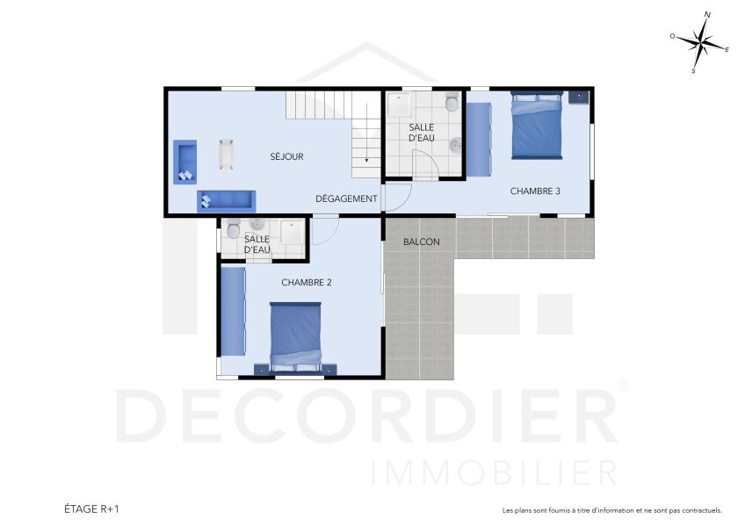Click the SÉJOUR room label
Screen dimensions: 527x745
coord(286,157)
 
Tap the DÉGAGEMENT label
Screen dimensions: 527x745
coord(346,199)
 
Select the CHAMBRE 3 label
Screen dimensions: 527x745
coord(535,191)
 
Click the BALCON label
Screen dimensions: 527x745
coord(421,242)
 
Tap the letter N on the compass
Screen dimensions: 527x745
coord(708,15)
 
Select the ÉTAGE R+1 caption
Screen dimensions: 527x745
coord(91,509)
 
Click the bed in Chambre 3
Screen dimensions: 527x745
coord(536,128)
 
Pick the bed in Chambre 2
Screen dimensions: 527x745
coord(296,337)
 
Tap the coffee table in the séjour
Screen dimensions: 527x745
coord(227,154)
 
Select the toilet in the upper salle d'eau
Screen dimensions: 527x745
coord(452,104)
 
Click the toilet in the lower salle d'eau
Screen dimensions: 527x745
coord(233,231)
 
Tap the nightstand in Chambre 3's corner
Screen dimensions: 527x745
coord(579,97)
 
